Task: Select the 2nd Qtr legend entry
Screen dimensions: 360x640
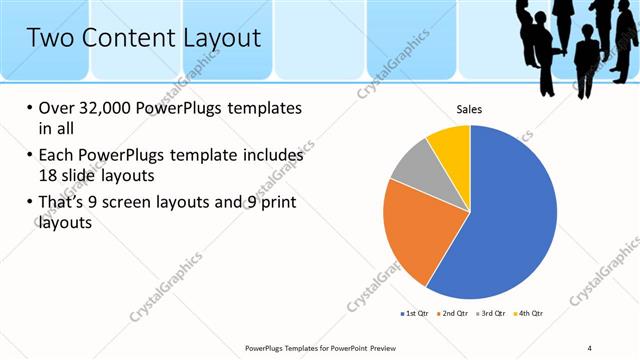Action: pos(456,314)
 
